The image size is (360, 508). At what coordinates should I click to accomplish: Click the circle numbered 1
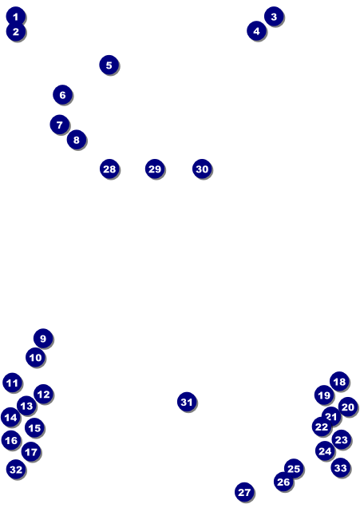pyautogui.click(x=15, y=16)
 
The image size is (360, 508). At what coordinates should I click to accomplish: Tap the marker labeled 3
pyautogui.click(x=274, y=16)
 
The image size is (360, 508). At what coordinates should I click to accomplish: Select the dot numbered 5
pyautogui.click(x=109, y=65)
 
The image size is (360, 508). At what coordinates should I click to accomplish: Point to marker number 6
pyautogui.click(x=62, y=94)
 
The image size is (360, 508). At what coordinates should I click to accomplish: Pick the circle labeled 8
pyautogui.click(x=77, y=140)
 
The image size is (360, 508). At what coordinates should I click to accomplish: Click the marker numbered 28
pyautogui.click(x=109, y=169)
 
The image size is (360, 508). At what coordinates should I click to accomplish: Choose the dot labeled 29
pyautogui.click(x=155, y=169)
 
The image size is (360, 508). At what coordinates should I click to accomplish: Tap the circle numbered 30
pyautogui.click(x=202, y=169)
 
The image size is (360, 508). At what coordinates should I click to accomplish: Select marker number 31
pyautogui.click(x=187, y=402)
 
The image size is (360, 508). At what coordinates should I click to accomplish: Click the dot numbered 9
pyautogui.click(x=43, y=339)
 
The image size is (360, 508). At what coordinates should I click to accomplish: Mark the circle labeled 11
pyautogui.click(x=12, y=383)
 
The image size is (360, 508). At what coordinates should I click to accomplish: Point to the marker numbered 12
pyautogui.click(x=43, y=394)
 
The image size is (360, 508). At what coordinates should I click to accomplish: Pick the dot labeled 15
pyautogui.click(x=34, y=427)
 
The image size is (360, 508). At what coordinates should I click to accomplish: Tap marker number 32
pyautogui.click(x=16, y=469)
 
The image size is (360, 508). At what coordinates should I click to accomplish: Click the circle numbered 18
pyautogui.click(x=339, y=381)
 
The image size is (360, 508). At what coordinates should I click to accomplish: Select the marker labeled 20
pyautogui.click(x=348, y=407)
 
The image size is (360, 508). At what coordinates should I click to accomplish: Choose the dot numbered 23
pyautogui.click(x=341, y=439)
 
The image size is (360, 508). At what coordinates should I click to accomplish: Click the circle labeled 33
pyautogui.click(x=341, y=468)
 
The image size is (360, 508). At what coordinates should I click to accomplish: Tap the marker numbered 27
pyautogui.click(x=244, y=492)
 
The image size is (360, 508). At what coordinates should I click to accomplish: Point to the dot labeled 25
pyautogui.click(x=294, y=469)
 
